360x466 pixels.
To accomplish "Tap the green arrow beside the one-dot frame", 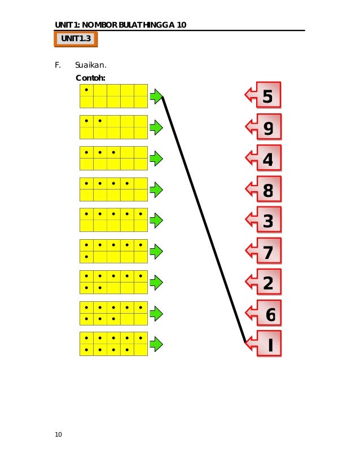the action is (156, 96).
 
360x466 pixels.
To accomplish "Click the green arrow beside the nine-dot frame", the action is (156, 344).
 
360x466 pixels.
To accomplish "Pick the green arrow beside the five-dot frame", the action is (156, 220).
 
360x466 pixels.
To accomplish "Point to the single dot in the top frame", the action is (86, 90).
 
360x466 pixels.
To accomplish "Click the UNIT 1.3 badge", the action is (76, 39).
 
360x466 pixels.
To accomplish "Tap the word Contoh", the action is (90, 78).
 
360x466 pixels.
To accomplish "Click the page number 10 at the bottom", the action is (59, 434).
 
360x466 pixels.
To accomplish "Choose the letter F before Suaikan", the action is (57, 65).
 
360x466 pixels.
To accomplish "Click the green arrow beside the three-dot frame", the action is (156, 159).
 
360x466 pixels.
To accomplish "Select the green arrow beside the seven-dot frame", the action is (156, 282).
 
